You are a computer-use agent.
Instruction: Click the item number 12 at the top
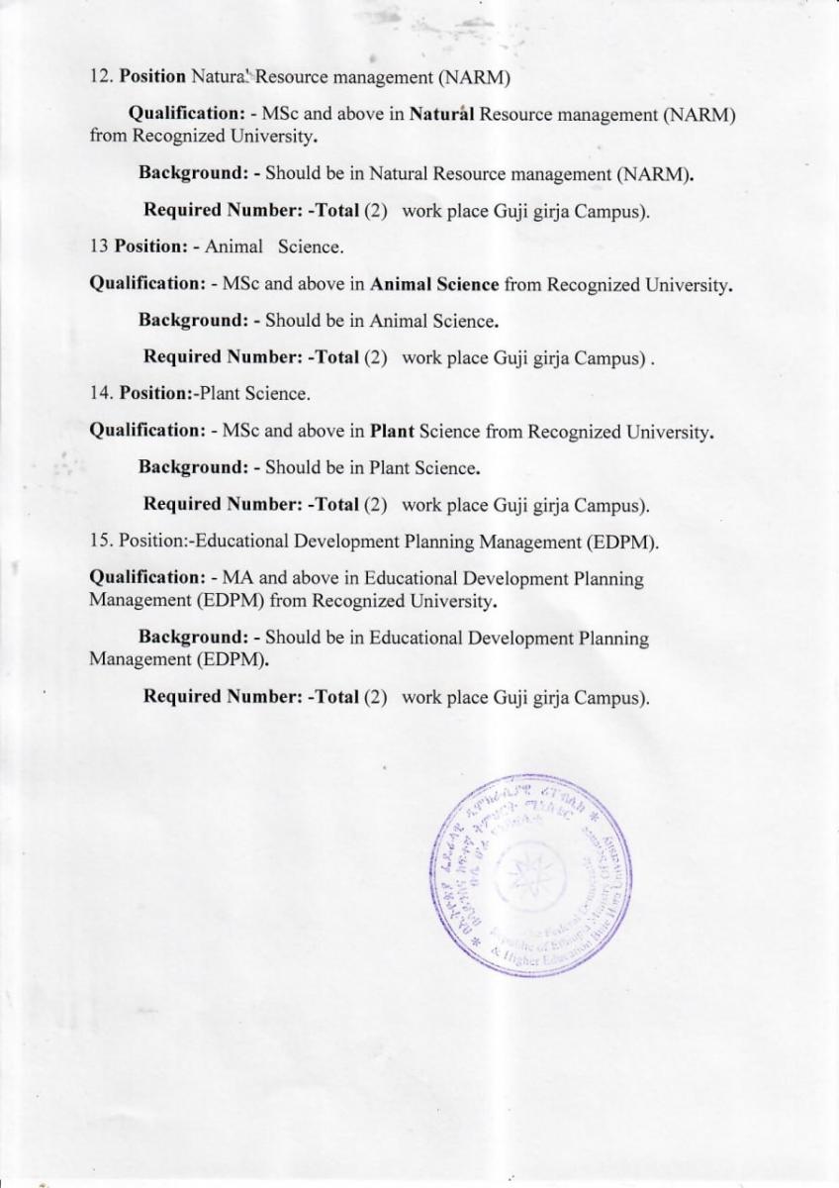pyautogui.click(x=99, y=76)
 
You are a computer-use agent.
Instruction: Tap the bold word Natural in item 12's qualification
pyautogui.click(x=443, y=115)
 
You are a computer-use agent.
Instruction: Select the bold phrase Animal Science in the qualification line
pyautogui.click(x=434, y=284)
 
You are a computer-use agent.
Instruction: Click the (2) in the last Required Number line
pyautogui.click(x=375, y=697)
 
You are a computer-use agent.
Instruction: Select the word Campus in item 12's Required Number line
pyautogui.click(x=613, y=211)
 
